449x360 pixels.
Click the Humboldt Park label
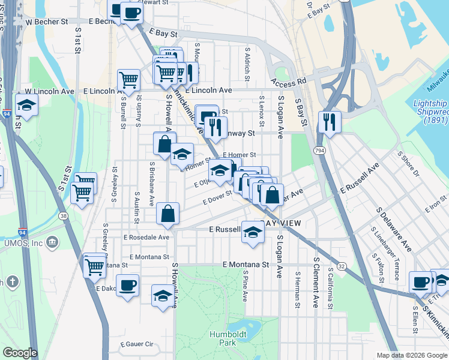223,338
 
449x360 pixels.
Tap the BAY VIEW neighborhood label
278,223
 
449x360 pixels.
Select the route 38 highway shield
64,215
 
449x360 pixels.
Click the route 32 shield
342,265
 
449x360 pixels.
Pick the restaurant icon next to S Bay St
329,122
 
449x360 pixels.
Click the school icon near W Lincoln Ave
26,106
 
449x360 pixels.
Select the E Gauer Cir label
137,344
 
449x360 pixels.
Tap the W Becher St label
46,21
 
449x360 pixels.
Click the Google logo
20,353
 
